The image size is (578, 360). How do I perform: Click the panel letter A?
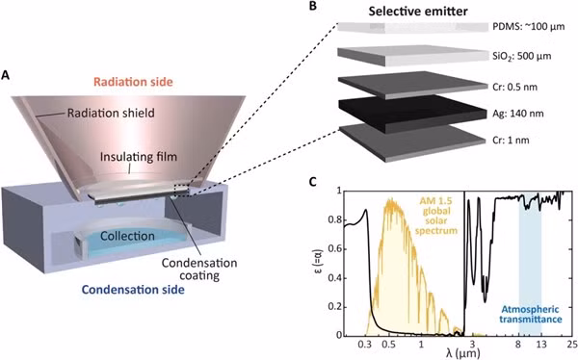click(6, 75)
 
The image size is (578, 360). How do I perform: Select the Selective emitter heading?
click(418, 12)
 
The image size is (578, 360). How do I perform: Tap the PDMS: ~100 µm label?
click(529, 27)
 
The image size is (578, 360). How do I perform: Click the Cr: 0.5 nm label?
click(515, 87)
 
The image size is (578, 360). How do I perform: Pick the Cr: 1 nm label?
click(511, 141)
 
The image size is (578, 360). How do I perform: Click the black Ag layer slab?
click(412, 114)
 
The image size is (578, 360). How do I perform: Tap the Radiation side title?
click(133, 82)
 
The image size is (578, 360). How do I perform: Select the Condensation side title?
click(133, 290)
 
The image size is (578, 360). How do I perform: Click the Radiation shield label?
click(111, 113)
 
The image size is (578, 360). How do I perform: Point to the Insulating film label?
click(138, 157)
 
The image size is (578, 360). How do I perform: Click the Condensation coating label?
click(199, 269)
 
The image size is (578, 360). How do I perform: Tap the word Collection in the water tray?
click(127, 236)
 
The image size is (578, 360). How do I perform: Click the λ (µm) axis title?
click(463, 354)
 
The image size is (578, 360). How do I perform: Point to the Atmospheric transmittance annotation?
click(531, 315)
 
